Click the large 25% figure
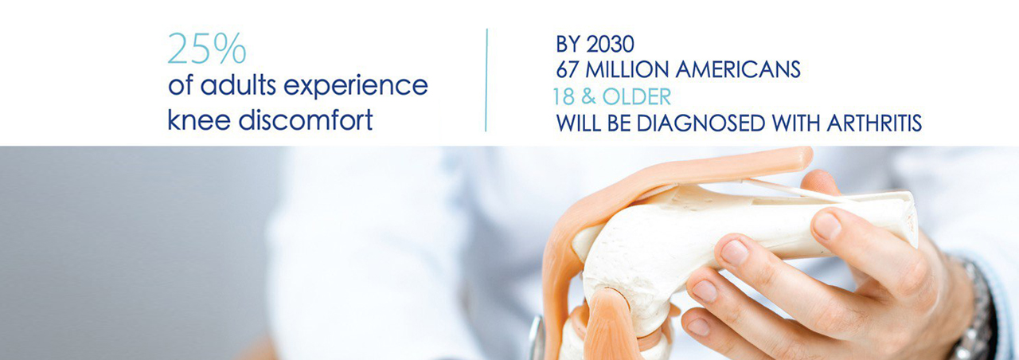tap(207, 49)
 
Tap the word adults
tap(238, 85)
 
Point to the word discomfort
tap(306, 119)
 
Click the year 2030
tap(610, 44)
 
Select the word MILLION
tap(627, 69)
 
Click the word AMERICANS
tap(738, 69)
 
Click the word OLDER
tap(637, 97)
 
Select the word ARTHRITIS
tap(874, 123)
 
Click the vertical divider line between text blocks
tap(486, 80)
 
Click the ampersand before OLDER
tap(588, 97)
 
